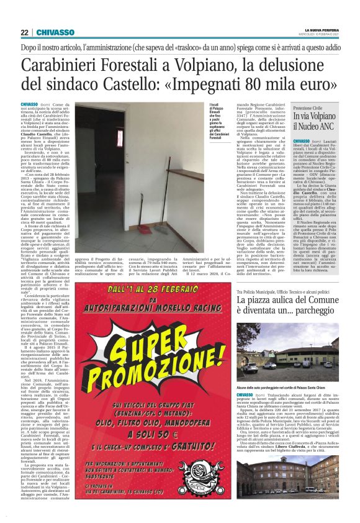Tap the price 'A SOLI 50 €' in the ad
[158, 443]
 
